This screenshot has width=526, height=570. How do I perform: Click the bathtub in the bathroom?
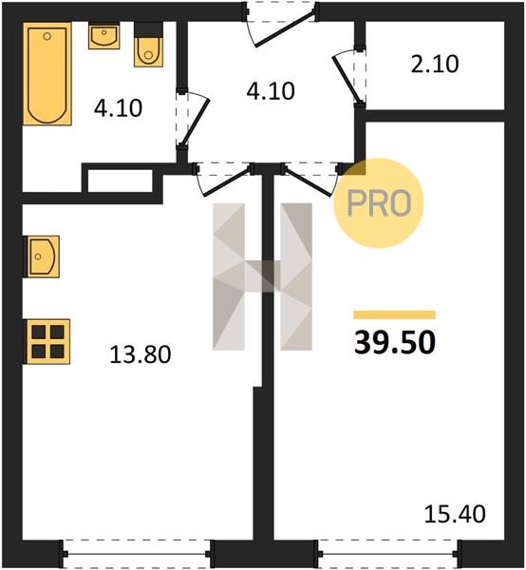[x=47, y=74]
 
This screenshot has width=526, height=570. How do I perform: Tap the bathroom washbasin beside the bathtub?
[x=104, y=36]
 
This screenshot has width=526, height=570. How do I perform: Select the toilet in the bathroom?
[x=148, y=45]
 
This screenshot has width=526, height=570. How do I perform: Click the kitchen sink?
[x=41, y=256]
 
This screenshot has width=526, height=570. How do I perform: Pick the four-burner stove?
[x=47, y=342]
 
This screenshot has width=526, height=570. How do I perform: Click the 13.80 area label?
[x=141, y=354]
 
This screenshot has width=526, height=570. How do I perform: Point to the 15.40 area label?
[x=455, y=514]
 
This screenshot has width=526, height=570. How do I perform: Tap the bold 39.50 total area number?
[x=395, y=342]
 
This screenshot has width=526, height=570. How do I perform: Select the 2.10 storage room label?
[x=435, y=65]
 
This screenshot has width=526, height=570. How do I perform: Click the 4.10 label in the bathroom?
[x=118, y=108]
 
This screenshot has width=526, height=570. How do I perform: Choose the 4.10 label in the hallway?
[x=271, y=91]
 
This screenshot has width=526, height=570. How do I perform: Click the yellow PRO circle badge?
[x=379, y=203]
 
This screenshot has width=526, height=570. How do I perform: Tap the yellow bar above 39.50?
[x=395, y=314]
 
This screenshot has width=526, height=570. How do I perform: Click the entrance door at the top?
[x=280, y=25]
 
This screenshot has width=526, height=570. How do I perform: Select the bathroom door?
[x=193, y=118]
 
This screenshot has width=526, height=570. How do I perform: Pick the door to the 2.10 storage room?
[x=349, y=77]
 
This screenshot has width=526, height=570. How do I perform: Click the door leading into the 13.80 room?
[x=224, y=179]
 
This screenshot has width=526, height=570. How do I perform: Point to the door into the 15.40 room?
[x=311, y=179]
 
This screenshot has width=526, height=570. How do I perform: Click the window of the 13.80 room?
[x=137, y=554]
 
